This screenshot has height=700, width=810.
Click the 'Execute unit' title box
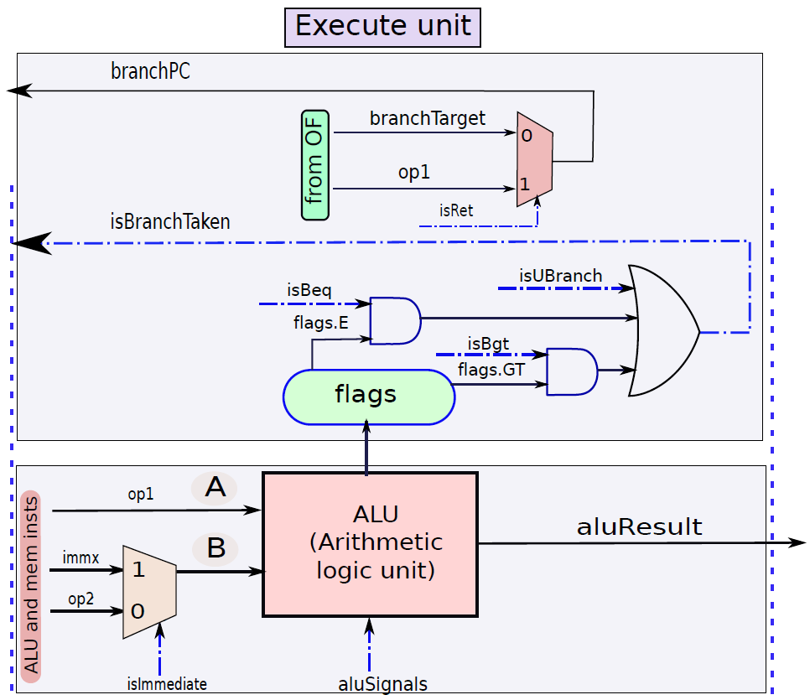(383, 28)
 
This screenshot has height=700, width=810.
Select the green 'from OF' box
(315, 165)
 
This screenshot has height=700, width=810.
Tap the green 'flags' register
(369, 397)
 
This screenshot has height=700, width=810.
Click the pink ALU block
(370, 544)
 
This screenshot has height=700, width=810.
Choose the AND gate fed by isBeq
(395, 320)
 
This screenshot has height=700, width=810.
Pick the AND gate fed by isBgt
(572, 371)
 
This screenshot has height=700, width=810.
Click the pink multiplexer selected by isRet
(535, 159)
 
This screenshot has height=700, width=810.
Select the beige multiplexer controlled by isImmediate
(149, 592)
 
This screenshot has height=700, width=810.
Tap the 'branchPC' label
(150, 71)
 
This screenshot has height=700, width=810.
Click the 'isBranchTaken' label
(170, 221)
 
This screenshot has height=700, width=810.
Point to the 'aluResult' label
(639, 527)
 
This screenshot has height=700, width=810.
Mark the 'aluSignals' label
(383, 684)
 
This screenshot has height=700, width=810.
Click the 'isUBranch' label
(560, 275)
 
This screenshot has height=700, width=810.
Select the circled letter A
(215, 487)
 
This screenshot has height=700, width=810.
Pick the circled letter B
(215, 548)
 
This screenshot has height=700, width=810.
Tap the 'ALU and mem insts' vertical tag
(31, 586)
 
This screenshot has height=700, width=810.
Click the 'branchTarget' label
(427, 119)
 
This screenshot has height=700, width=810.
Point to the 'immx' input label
(80, 558)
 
